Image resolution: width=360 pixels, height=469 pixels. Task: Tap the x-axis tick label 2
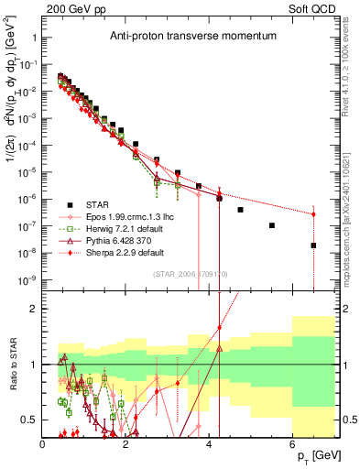click(126, 444)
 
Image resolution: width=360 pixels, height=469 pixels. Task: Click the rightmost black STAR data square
click(313, 245)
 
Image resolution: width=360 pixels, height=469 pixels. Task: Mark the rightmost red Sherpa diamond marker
click(313, 214)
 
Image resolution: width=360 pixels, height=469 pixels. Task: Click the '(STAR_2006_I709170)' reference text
click(190, 272)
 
